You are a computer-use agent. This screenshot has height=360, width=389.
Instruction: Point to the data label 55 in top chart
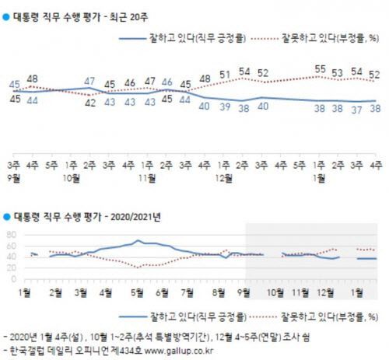coord(319,69)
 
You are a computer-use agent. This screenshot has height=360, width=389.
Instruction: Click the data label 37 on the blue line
coord(357,110)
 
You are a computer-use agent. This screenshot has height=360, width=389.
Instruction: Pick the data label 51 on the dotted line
coord(224,75)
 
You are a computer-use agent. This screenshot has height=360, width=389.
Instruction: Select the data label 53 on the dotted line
coord(338,73)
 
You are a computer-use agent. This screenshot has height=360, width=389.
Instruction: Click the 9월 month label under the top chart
coord(14,175)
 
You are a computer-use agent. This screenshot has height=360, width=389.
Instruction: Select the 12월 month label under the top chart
coord(223,175)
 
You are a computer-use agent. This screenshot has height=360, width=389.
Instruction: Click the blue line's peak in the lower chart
coord(137,241)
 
